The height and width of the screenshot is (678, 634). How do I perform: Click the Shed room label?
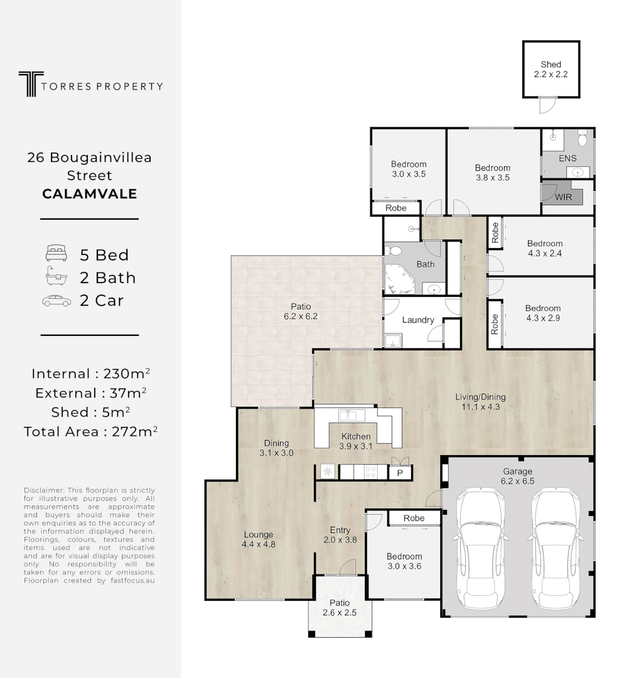point(551,65)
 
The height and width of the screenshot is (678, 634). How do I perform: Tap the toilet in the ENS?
point(582,137)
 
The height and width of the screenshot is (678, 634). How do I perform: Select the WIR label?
point(563,197)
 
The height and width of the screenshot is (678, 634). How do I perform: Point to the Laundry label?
point(418,320)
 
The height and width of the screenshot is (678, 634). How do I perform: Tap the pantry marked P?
point(400,473)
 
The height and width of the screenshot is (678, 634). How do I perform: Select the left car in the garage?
point(480,548)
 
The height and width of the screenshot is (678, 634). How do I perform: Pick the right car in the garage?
point(554,548)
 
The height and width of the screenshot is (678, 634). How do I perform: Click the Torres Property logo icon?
point(31,84)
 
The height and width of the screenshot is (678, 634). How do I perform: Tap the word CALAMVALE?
point(90,194)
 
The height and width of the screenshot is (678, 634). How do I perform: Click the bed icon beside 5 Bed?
point(56,253)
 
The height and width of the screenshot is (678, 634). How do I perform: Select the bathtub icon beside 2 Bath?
point(56,276)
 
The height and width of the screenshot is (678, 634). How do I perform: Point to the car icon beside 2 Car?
point(56,301)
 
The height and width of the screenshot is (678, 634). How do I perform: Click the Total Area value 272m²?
point(134,431)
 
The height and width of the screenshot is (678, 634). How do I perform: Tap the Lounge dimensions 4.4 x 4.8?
point(259,544)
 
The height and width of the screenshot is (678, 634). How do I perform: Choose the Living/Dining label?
point(480,397)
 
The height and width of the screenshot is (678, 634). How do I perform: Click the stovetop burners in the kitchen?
point(370,471)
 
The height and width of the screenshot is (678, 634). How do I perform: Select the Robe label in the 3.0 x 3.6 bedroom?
point(414,518)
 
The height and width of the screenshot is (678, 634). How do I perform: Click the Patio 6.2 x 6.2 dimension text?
point(301,316)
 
